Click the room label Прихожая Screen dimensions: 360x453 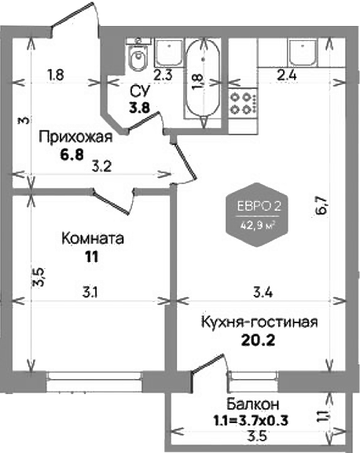tap(75, 137)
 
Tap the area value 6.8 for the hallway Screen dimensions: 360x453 tap(72, 155)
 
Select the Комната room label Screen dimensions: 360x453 tap(93, 238)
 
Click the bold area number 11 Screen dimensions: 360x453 tap(92, 256)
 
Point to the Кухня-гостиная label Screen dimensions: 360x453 tap(259, 322)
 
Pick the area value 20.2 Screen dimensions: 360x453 tap(258, 341)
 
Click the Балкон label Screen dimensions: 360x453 tap(252, 404)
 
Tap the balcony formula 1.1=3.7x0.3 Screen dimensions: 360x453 tap(251, 420)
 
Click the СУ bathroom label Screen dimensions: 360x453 tap(140, 92)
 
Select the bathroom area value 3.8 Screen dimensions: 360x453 tap(139, 109)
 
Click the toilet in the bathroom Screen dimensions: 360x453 tap(138, 55)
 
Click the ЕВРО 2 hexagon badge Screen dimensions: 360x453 tap(258, 215)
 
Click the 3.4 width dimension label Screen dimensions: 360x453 tap(263, 293)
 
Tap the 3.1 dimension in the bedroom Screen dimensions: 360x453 tap(90, 293)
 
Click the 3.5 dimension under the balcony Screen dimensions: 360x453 tap(257, 436)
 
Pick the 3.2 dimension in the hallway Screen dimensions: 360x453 tap(101, 167)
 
